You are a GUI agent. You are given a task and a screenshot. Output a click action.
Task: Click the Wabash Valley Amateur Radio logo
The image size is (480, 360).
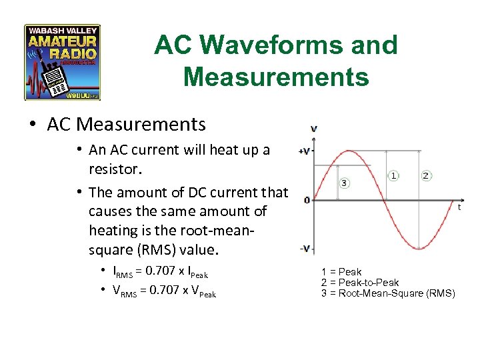(x=62, y=63)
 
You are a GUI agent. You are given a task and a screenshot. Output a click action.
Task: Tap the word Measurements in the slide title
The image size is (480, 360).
(x=275, y=77)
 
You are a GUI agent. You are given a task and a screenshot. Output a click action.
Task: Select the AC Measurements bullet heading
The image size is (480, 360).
(x=127, y=124)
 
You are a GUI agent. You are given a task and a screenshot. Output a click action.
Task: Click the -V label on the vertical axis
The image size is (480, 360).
(x=305, y=249)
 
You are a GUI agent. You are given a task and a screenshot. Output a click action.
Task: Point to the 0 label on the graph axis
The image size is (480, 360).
(x=306, y=200)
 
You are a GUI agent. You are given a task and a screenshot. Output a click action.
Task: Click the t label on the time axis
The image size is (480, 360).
(x=459, y=207)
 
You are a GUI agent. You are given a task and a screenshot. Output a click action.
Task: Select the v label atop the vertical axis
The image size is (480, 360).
(x=313, y=128)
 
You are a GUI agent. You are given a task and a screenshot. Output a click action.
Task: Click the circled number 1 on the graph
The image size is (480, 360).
(x=394, y=175)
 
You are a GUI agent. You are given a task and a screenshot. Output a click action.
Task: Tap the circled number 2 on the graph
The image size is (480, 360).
(x=426, y=175)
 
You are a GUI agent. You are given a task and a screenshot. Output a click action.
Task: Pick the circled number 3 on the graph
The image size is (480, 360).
(x=344, y=183)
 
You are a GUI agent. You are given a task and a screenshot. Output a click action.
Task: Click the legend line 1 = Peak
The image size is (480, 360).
(x=341, y=271)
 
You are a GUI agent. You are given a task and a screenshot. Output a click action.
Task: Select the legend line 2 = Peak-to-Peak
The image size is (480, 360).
(x=360, y=282)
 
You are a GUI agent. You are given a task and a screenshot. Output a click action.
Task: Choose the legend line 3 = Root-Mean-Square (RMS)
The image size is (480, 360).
(x=388, y=293)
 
